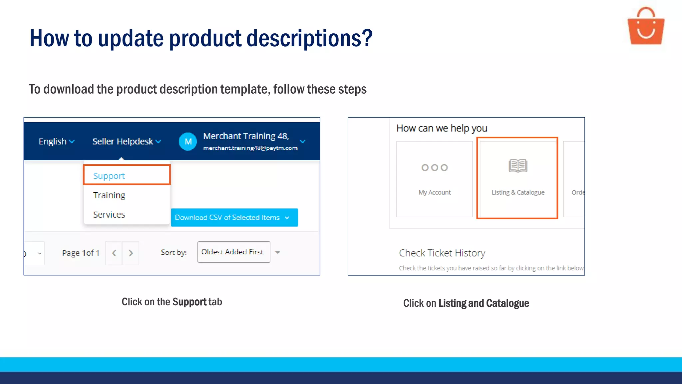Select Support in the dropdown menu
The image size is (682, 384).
[x=109, y=176]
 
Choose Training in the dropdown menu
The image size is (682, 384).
[x=109, y=195]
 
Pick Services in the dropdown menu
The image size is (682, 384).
[x=109, y=214]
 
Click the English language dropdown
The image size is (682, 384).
[x=56, y=141]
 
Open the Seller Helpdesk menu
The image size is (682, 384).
[x=127, y=141]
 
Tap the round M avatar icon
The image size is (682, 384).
[x=188, y=142]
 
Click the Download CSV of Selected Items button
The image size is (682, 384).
[x=234, y=217]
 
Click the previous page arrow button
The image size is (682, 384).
[x=114, y=253]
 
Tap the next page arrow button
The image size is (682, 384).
[x=131, y=253]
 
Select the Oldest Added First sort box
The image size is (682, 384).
[x=233, y=252]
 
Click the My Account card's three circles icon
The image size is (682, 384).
[x=434, y=168]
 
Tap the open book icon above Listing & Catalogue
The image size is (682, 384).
[x=518, y=165]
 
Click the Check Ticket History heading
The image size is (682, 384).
[x=442, y=253]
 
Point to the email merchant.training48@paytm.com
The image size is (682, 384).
[x=250, y=148]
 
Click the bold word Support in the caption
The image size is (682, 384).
[x=189, y=302]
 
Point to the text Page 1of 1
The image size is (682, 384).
[x=81, y=253]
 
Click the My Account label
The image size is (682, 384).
[x=434, y=192]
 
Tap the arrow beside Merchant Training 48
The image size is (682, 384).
[x=302, y=141]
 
